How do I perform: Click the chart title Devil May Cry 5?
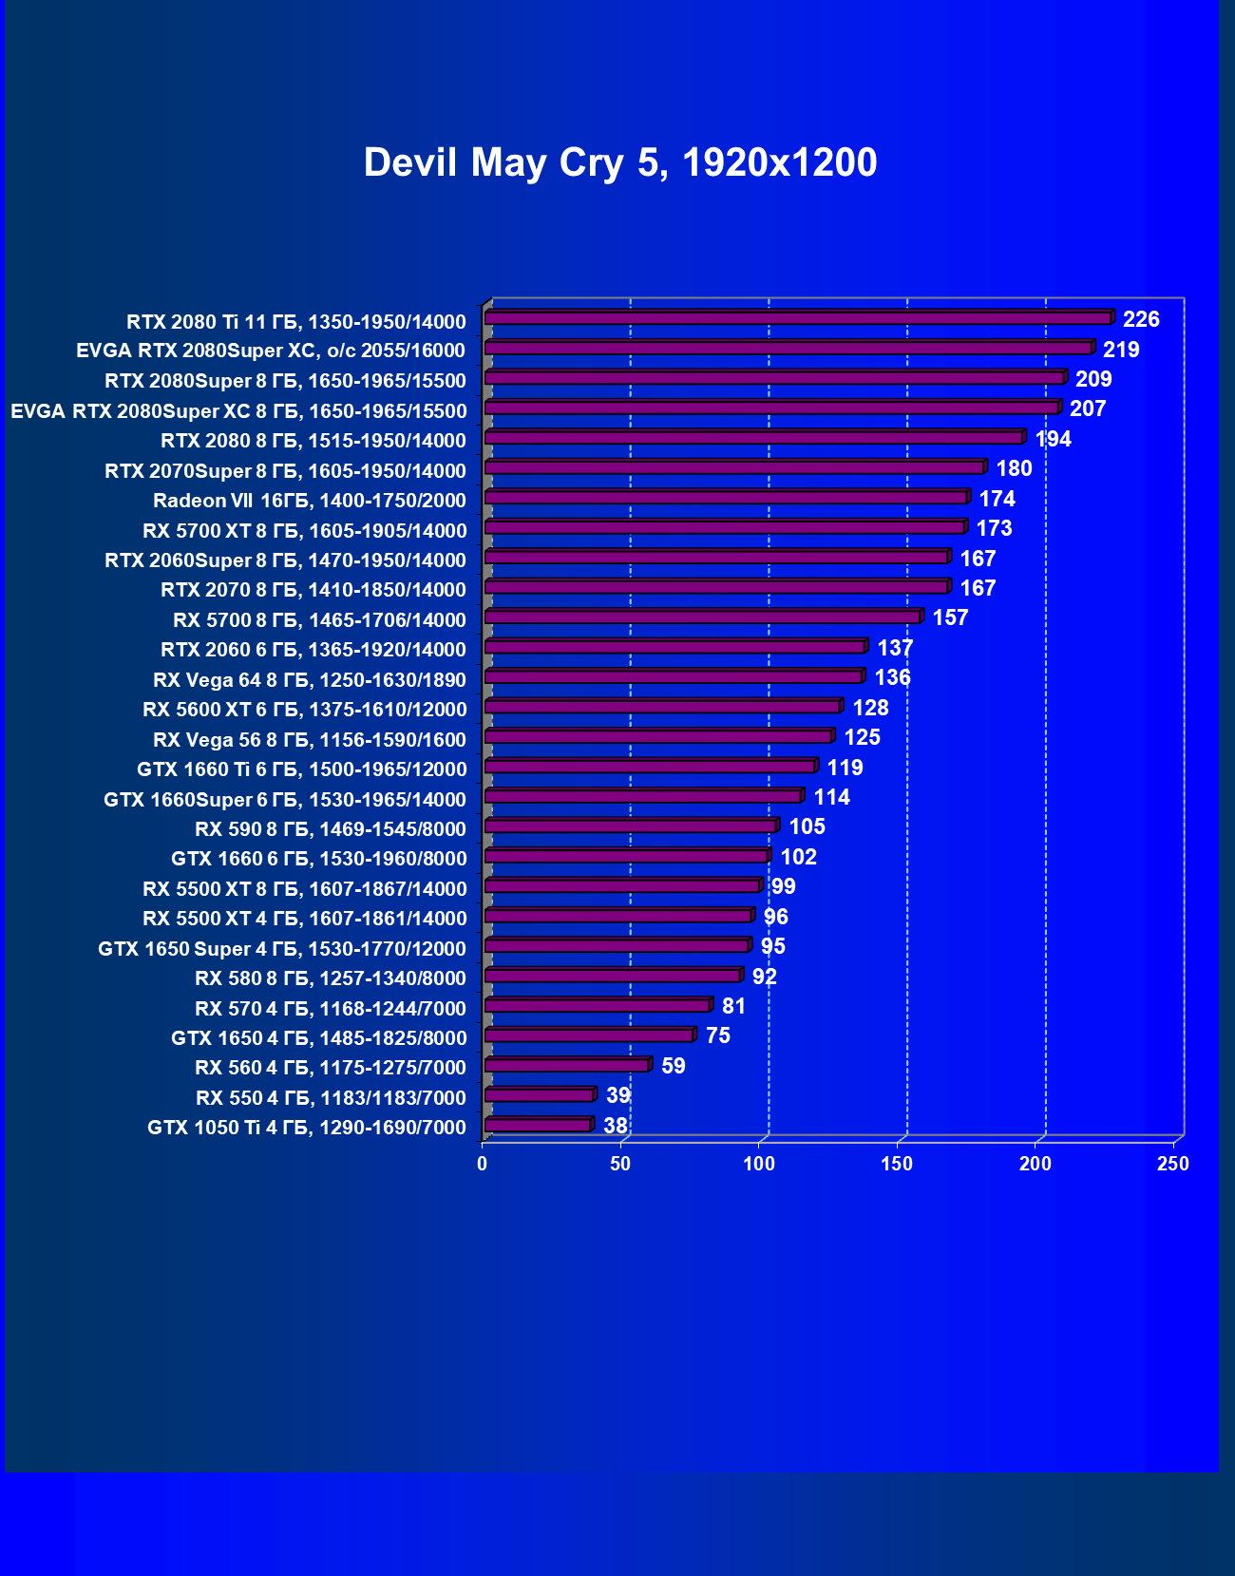point(619,162)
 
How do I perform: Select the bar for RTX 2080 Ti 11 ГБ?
point(798,318)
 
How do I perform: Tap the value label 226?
point(1141,319)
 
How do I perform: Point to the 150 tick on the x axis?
point(897,1164)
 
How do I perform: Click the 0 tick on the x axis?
point(483,1164)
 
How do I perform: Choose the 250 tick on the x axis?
point(1173,1164)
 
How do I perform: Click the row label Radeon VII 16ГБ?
point(310,501)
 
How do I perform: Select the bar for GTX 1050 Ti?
point(539,1126)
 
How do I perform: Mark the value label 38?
point(616,1126)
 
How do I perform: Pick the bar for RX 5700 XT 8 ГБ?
point(725,527)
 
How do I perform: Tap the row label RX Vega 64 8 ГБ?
point(310,680)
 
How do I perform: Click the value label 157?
point(950,617)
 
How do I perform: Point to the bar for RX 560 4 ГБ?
point(567,1066)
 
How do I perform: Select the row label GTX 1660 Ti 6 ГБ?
point(302,769)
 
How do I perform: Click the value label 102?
point(798,857)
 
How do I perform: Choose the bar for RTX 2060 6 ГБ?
point(674,647)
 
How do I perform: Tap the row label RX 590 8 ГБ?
point(331,829)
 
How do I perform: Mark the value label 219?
point(1121,350)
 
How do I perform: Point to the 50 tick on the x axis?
point(620,1164)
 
